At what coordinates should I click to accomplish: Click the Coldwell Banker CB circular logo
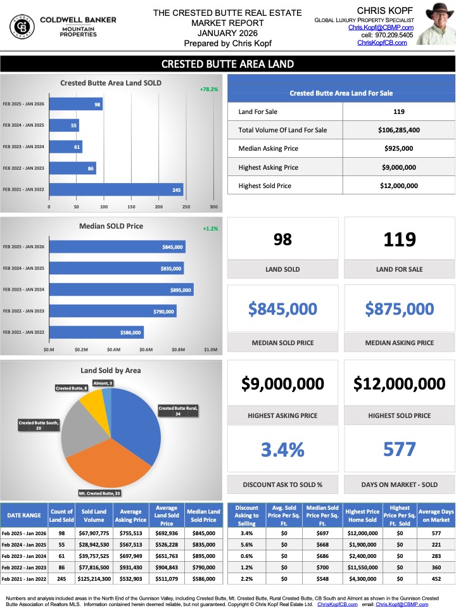tap(23, 27)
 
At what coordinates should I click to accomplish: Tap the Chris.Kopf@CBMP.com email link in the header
tap(381, 28)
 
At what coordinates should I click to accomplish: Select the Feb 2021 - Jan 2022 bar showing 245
tap(116, 189)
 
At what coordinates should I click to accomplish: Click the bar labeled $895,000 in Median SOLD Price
tap(121, 289)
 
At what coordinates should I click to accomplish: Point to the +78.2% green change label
tap(210, 89)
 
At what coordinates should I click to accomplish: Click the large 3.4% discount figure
tap(282, 450)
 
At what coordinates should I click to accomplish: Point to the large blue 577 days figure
tap(399, 450)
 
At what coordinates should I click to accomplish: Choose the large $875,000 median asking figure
tap(399, 309)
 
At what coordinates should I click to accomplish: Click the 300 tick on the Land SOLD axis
tap(213, 207)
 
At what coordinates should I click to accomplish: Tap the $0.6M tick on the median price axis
tap(147, 349)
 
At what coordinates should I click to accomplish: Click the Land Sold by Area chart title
tap(111, 370)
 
